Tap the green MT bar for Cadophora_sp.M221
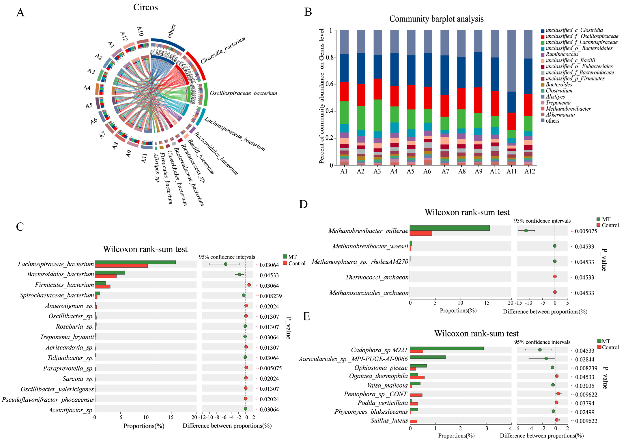point(446,348)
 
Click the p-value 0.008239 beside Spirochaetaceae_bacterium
point(271,296)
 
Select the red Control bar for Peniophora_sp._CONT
point(416,395)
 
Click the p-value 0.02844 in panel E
point(585,360)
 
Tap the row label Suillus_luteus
point(389,421)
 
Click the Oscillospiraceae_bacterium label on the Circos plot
point(243,93)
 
